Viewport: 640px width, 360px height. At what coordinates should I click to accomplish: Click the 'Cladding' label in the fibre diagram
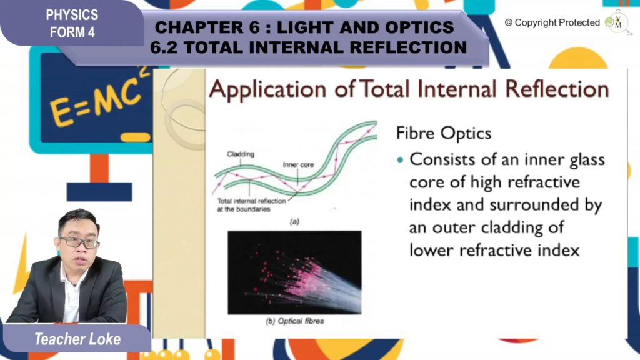tap(241, 154)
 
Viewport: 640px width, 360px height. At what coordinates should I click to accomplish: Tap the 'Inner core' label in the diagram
tap(298, 164)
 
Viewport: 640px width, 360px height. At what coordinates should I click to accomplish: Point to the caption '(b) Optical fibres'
tap(295, 321)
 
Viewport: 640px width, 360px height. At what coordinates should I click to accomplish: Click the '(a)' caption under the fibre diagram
tap(294, 222)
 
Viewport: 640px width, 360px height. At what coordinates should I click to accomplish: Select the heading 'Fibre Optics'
tap(444, 133)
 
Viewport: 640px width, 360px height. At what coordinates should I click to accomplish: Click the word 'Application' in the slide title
tap(267, 89)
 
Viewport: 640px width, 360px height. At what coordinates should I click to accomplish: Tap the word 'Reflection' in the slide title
tap(557, 89)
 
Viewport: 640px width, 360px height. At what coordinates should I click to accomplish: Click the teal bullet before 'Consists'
tap(400, 159)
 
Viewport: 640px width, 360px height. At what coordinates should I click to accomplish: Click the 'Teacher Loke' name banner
tap(77, 339)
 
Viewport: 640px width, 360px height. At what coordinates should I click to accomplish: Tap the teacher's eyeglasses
tap(79, 242)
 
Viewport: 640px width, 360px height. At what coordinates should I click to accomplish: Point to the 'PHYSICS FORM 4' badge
tap(72, 23)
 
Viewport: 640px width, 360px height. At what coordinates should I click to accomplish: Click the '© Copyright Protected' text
tap(552, 23)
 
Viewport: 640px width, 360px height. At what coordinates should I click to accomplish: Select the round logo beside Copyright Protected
tap(616, 22)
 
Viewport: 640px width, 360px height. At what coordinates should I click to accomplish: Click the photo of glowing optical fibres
tap(294, 272)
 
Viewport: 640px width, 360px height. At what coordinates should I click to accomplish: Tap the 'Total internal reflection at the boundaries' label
tap(251, 205)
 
